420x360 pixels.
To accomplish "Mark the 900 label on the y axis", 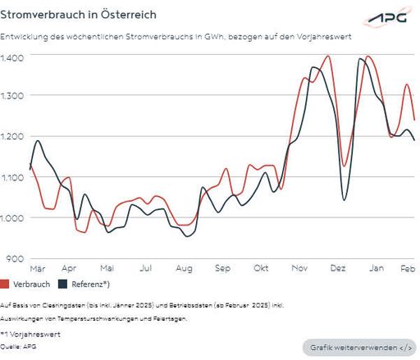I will click(x=14, y=258).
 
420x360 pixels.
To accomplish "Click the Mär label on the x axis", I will click(x=37, y=268).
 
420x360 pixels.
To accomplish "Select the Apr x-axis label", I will click(x=69, y=268).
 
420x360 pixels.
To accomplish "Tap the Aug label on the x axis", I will click(x=184, y=268).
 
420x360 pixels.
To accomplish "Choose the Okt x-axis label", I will click(x=261, y=268).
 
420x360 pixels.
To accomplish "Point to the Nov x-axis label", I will click(x=299, y=268).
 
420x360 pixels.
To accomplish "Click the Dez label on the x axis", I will click(x=337, y=268).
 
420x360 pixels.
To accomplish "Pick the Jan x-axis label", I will click(x=376, y=268).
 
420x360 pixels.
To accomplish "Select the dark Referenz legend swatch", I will click(x=61, y=285).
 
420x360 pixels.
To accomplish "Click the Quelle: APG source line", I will click(x=19, y=347).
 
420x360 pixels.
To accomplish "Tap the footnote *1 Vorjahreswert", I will click(x=30, y=335).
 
